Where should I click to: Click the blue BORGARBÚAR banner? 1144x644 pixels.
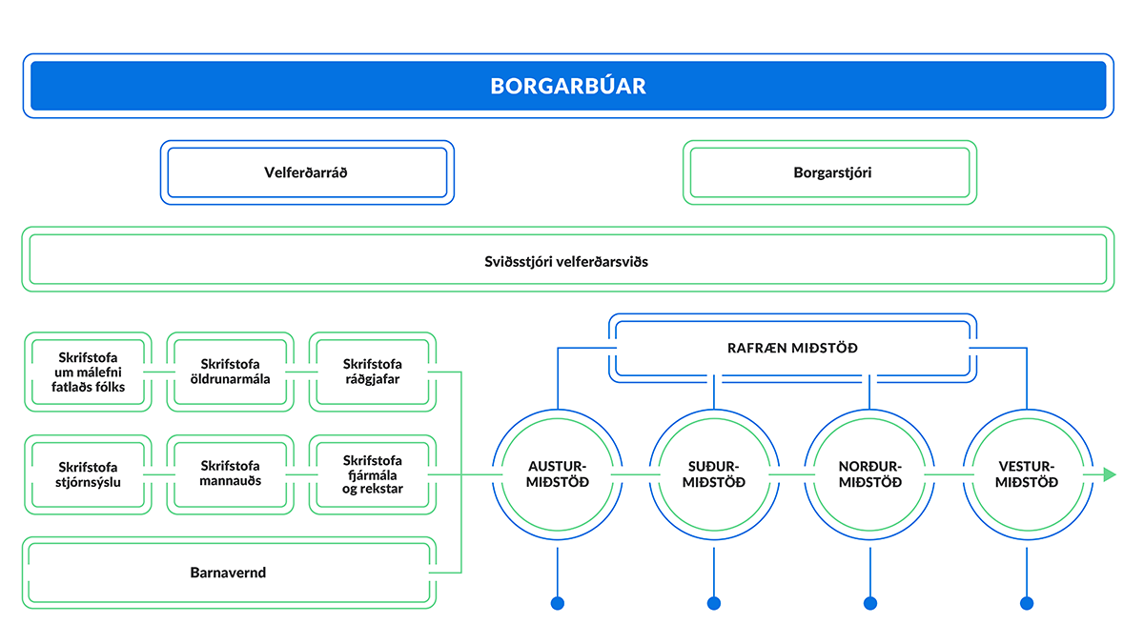click(568, 86)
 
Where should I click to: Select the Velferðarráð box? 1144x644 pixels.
click(307, 172)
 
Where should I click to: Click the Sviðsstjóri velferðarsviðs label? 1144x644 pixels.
click(567, 260)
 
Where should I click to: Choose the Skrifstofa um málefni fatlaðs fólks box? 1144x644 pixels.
click(88, 372)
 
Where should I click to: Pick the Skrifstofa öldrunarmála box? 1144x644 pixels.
click(231, 372)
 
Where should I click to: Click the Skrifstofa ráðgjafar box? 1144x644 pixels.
click(373, 372)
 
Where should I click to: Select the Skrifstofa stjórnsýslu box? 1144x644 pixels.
click(88, 474)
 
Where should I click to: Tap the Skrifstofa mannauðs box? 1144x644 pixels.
click(231, 474)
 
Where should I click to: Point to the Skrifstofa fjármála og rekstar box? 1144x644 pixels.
click(373, 474)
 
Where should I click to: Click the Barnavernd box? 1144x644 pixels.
click(228, 574)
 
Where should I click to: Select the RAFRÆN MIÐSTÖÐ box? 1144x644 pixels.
click(792, 348)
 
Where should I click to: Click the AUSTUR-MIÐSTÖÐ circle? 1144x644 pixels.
click(558, 474)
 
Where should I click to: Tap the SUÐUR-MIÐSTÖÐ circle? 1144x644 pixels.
click(714, 474)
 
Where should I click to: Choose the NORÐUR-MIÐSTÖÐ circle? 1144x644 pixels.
click(870, 474)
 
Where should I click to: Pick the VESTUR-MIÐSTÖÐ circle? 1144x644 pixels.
click(1027, 474)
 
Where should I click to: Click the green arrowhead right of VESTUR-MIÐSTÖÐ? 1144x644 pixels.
click(1110, 474)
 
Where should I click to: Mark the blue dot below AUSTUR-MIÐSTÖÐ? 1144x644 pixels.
click(558, 602)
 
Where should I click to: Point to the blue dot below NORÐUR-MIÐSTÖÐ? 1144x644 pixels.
click(870, 602)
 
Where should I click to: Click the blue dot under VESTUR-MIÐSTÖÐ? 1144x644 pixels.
click(1027, 602)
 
